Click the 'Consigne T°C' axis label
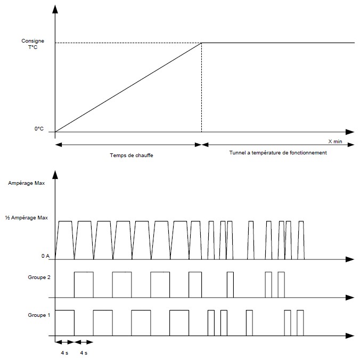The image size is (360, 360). pyautogui.click(x=33, y=44)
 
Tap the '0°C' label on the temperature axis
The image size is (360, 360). pyautogui.click(x=39, y=129)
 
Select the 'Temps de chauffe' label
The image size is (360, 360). pyautogui.click(x=132, y=155)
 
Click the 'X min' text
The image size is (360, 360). pyautogui.click(x=335, y=142)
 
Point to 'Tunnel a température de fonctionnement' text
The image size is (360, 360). pyautogui.click(x=278, y=153)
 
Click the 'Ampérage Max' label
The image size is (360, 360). pyautogui.click(x=27, y=183)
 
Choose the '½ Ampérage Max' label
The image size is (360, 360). pyautogui.click(x=27, y=218)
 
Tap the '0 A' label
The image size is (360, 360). pyautogui.click(x=45, y=256)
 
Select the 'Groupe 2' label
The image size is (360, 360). pyautogui.click(x=39, y=277)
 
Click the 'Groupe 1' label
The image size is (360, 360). pyautogui.click(x=39, y=315)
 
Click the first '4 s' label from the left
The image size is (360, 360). pyautogui.click(x=64, y=353)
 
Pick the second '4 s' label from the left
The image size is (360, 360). pyautogui.click(x=84, y=353)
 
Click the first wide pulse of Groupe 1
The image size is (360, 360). pyautogui.click(x=65, y=310)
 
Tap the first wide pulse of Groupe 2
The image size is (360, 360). pyautogui.click(x=84, y=272)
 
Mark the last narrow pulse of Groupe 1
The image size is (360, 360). pyautogui.click(x=300, y=310)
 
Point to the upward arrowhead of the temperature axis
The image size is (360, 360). pyautogui.click(x=55, y=9)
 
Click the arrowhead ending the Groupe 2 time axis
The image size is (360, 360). pyautogui.click(x=350, y=298)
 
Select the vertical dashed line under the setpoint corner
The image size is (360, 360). pyautogui.click(x=202, y=87)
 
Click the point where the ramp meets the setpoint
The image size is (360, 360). pyautogui.click(x=202, y=43)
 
